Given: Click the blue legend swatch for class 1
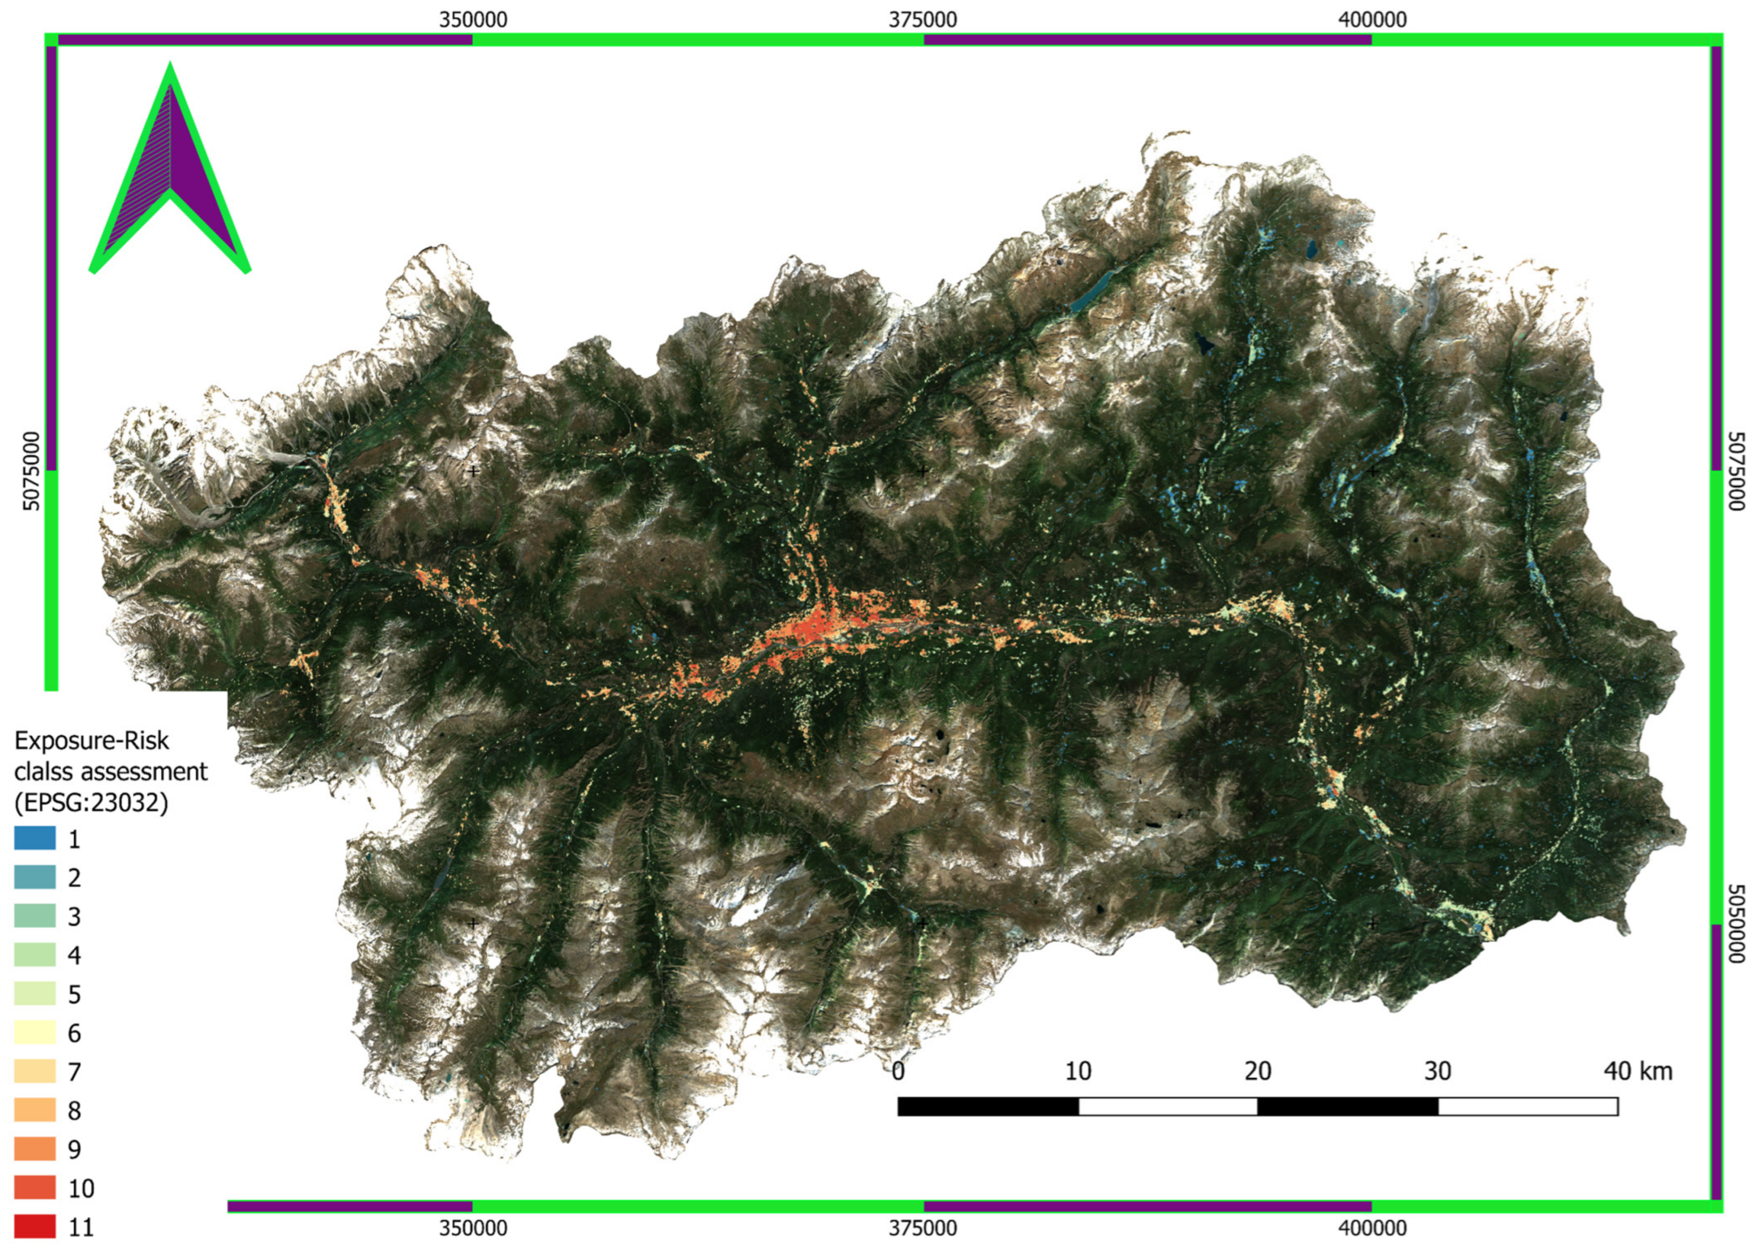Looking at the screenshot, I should click(x=35, y=837).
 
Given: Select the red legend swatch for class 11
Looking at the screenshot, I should click(x=35, y=1226).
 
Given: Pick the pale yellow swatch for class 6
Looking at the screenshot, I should click(x=35, y=1032).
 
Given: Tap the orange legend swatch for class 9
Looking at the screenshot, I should click(x=35, y=1149).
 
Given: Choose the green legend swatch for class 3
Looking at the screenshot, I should click(x=35, y=915).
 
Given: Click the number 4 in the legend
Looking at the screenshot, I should click(x=74, y=955).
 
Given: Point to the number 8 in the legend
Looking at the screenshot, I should click(x=74, y=1111).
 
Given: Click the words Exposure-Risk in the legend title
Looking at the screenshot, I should click(x=91, y=741).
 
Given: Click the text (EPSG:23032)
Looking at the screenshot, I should click(x=91, y=802).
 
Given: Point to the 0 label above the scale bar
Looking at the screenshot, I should click(x=898, y=1070).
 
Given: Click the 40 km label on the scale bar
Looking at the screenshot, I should click(x=1637, y=1070).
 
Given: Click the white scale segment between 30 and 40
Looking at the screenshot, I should click(x=1528, y=1107).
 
